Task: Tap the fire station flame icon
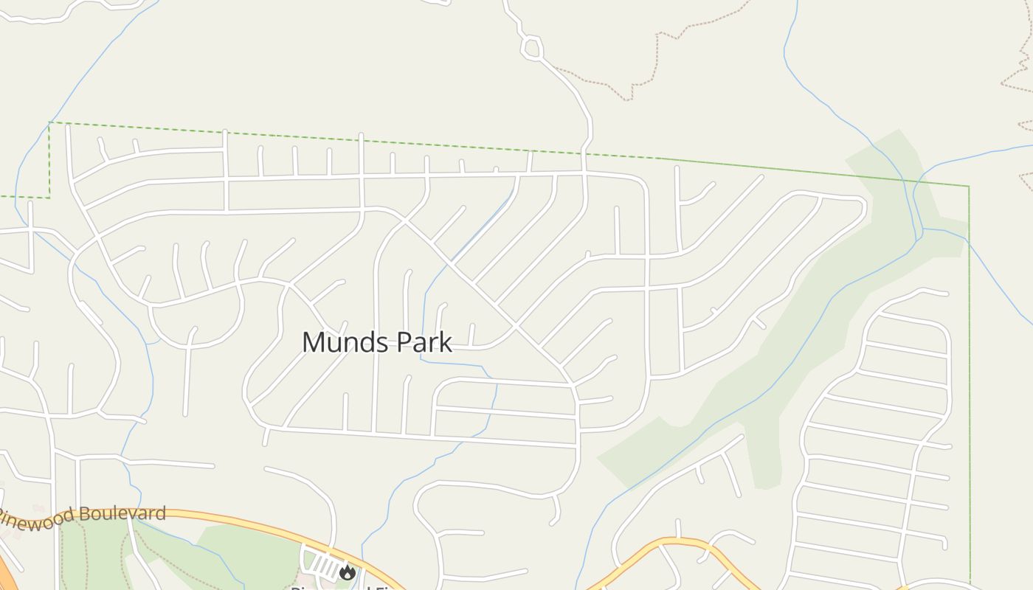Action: click(348, 572)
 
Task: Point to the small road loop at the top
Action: click(531, 49)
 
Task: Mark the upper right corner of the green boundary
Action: click(968, 187)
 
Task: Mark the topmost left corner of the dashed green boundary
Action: click(49, 122)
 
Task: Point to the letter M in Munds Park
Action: click(313, 343)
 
